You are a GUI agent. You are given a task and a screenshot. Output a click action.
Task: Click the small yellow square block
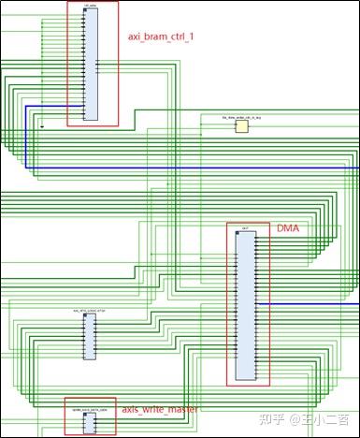pyautogui.click(x=241, y=125)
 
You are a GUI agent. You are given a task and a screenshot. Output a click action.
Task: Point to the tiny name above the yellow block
pyautogui.click(x=241, y=117)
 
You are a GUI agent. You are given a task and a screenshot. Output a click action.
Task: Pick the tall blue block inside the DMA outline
pyautogui.click(x=246, y=305)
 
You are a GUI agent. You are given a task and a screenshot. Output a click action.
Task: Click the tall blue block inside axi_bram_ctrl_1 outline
pyautogui.click(x=91, y=64)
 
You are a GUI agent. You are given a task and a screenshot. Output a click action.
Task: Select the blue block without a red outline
pyautogui.click(x=89, y=336)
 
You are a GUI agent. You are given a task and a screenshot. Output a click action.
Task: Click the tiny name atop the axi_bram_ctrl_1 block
pyautogui.click(x=90, y=6)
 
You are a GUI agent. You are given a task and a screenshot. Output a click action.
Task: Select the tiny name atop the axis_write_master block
pyautogui.click(x=90, y=410)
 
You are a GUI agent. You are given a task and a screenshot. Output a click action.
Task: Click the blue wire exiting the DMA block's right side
pyautogui.click(x=309, y=304)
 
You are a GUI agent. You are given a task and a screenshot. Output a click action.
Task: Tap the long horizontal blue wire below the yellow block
pyautogui.click(x=187, y=168)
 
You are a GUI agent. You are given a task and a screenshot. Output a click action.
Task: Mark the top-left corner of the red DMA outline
pyautogui.click(x=227, y=223)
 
